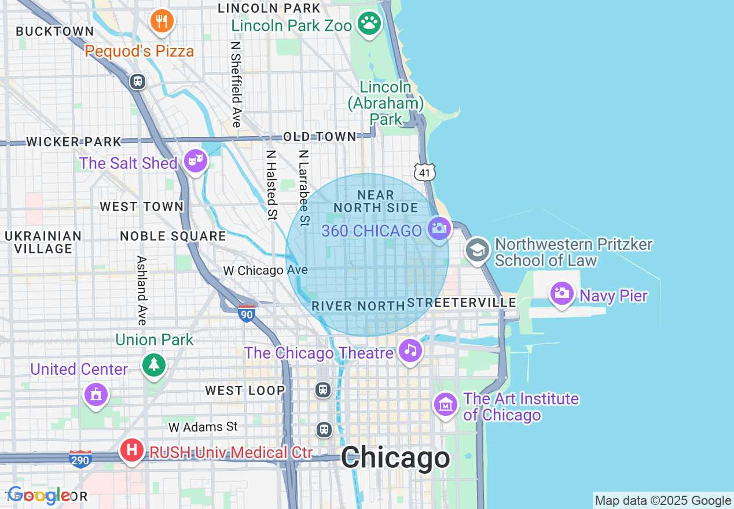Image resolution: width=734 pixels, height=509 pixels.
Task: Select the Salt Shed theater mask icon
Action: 196,160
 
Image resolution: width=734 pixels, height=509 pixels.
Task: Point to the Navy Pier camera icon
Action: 561,293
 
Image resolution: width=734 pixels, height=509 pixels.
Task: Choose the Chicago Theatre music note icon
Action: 410,350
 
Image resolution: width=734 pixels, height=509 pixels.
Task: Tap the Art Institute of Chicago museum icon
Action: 446,404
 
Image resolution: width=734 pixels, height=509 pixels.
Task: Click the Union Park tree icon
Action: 154,364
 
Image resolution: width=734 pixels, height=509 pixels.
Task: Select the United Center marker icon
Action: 96,394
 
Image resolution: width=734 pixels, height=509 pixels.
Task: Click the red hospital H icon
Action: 132,449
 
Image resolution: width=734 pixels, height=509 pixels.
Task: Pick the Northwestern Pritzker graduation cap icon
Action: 478,250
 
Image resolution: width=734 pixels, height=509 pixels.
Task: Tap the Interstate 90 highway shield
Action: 247,313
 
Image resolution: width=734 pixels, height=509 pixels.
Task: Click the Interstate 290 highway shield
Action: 80,459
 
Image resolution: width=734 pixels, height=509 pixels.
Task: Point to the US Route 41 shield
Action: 425,171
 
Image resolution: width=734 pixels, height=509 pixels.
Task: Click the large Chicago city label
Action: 395,458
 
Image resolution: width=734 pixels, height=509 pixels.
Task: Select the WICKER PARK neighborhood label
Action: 74,142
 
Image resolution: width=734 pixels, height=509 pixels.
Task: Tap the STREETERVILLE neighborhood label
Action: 462,303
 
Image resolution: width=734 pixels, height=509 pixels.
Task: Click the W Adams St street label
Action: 203,427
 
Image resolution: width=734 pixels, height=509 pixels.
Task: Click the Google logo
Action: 39,496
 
